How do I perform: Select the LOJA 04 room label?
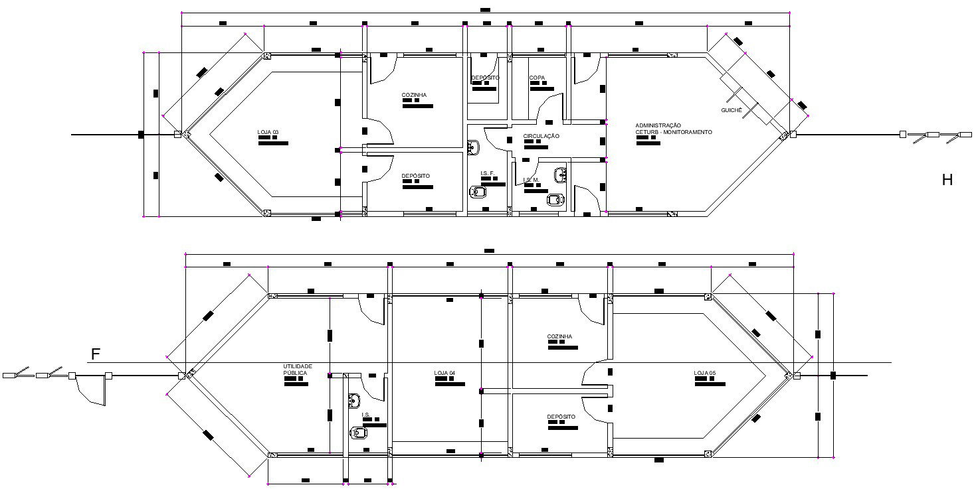pyautogui.click(x=444, y=373)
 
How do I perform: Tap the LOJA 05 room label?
pyautogui.click(x=705, y=373)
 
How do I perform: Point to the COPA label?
pyautogui.click(x=537, y=78)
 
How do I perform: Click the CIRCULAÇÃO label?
pyautogui.click(x=541, y=136)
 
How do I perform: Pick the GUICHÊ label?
pyautogui.click(x=731, y=109)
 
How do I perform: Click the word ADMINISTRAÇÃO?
pyautogui.click(x=658, y=125)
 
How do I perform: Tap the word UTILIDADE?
pyautogui.click(x=298, y=366)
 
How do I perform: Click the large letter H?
pyautogui.click(x=947, y=179)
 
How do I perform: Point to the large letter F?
pyautogui.click(x=96, y=354)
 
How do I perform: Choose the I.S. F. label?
pyautogui.click(x=488, y=173)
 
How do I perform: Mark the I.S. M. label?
pyautogui.click(x=530, y=180)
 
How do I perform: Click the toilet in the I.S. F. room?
pyautogui.click(x=478, y=192)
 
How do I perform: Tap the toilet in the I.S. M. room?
pyautogui.click(x=555, y=198)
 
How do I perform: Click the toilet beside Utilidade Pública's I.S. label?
pyautogui.click(x=359, y=433)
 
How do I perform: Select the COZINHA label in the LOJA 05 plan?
pyautogui.click(x=559, y=336)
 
